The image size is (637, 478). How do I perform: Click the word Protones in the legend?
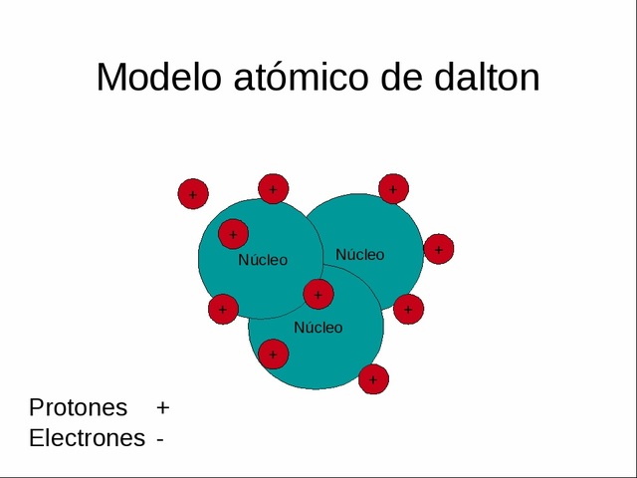click(x=79, y=407)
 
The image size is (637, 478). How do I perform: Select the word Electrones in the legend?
click(x=87, y=438)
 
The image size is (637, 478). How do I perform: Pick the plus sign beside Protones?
click(x=163, y=408)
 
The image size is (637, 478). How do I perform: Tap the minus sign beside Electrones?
click(x=159, y=439)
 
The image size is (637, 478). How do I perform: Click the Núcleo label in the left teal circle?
click(x=263, y=260)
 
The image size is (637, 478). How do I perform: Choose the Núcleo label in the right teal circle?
click(x=359, y=255)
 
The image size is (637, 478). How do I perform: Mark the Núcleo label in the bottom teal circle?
click(x=318, y=328)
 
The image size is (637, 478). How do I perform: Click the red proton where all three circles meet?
click(x=318, y=294)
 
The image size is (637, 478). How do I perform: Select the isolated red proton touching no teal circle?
click(x=193, y=194)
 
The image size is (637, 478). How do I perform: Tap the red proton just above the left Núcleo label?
click(x=233, y=235)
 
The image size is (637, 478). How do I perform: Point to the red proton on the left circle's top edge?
click(x=273, y=188)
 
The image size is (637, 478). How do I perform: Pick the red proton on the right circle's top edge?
click(x=393, y=188)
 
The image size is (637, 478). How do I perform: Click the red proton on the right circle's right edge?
click(x=439, y=249)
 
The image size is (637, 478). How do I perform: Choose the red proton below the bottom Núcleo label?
click(x=273, y=354)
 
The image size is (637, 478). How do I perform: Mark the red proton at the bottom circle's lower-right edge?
click(x=373, y=378)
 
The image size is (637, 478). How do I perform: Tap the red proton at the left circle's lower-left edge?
click(x=223, y=310)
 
